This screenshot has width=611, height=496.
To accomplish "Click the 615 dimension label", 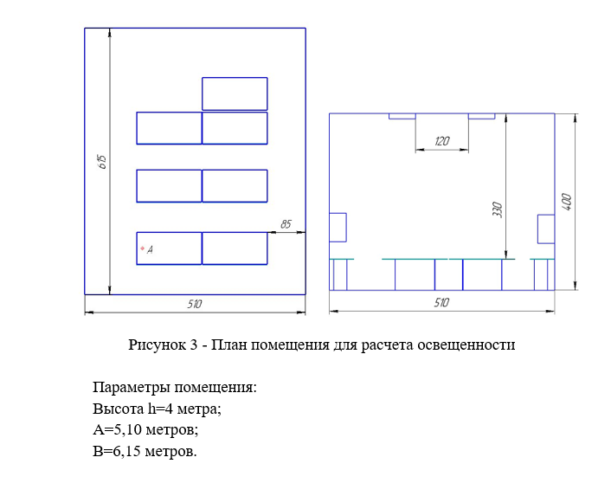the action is pyautogui.click(x=102, y=161).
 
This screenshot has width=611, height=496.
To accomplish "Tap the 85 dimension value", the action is pyautogui.click(x=286, y=224).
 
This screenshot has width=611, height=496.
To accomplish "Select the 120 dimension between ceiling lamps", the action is pyautogui.click(x=442, y=141).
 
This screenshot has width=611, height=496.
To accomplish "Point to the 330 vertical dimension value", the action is pyautogui.click(x=498, y=209).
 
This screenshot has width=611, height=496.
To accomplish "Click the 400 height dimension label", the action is pyautogui.click(x=567, y=202).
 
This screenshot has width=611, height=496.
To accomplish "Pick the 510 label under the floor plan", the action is pyautogui.click(x=195, y=304).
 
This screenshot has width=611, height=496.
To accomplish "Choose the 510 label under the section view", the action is pyautogui.click(x=441, y=303).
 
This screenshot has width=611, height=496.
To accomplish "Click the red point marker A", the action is pyautogui.click(x=142, y=248).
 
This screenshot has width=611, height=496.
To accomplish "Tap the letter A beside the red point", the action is pyautogui.click(x=150, y=250).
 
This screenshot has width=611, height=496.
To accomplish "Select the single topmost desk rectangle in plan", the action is pyautogui.click(x=235, y=93).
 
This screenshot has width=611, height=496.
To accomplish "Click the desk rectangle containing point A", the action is pyautogui.click(x=169, y=248).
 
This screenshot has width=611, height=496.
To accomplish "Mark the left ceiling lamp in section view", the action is pyautogui.click(x=402, y=116).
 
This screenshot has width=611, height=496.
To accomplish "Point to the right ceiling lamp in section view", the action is pyautogui.click(x=482, y=116).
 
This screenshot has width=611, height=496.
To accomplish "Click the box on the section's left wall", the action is pyautogui.click(x=338, y=227).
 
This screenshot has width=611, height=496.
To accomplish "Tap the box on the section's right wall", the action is pyautogui.click(x=546, y=229).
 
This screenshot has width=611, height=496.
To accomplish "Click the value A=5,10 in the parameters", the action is pyautogui.click(x=118, y=430).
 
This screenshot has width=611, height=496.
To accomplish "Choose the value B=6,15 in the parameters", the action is pyautogui.click(x=117, y=452).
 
